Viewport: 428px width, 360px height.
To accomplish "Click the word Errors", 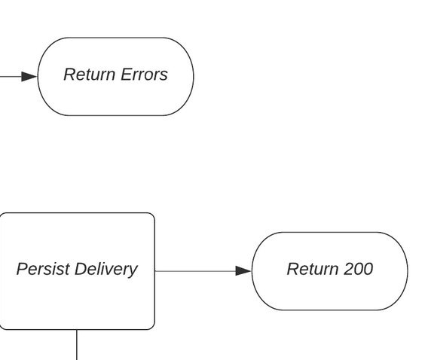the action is tap(144, 75).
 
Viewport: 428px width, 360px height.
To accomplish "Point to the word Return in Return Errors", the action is tap(89, 75).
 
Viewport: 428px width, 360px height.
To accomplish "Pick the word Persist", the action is tap(43, 269).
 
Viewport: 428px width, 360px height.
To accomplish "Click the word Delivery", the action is tap(106, 270).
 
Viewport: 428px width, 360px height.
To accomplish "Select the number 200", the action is tap(358, 269).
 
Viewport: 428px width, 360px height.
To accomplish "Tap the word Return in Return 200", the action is tap(313, 269).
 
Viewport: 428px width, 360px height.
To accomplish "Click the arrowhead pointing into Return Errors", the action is tap(29, 77).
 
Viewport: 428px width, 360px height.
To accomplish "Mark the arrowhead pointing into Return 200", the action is tap(243, 271).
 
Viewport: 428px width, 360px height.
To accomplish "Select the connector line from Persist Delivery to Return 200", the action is tap(203, 271).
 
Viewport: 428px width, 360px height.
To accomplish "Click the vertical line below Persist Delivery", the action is tap(77, 345).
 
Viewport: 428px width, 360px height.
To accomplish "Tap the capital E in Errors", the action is tap(126, 75).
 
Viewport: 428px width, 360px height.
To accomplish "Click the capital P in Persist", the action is tap(22, 269).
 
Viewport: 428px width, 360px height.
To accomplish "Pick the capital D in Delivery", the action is tap(81, 269).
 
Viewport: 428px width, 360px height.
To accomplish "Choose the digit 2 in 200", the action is tap(348, 269).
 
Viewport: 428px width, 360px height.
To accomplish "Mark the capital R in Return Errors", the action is tap(70, 75).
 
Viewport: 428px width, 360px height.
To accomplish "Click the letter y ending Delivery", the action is tap(133, 272).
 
